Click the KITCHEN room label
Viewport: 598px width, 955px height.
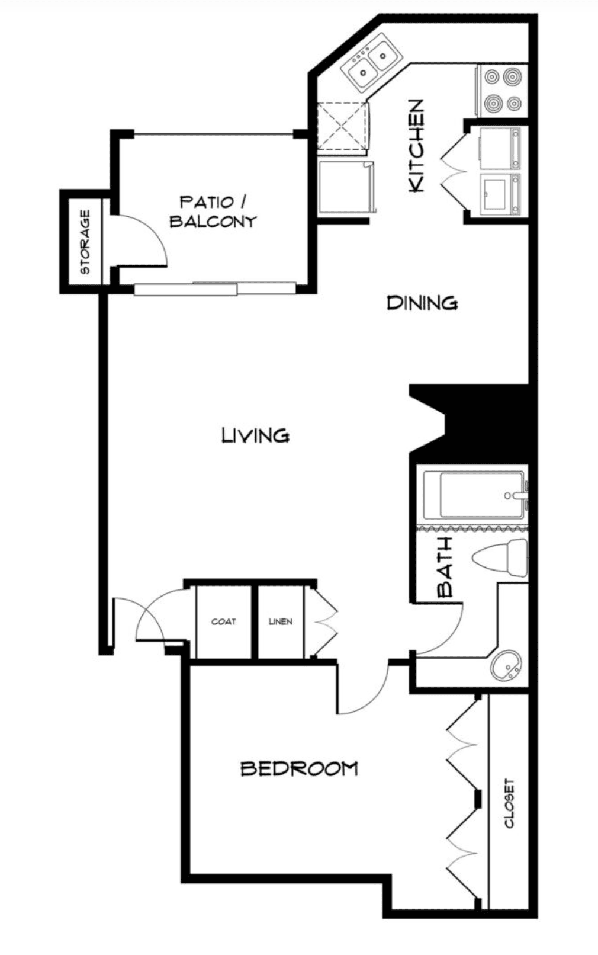point(416,146)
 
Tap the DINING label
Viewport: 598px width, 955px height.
point(422,303)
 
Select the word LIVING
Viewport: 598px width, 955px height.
point(256,435)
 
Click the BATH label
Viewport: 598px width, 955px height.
point(445,567)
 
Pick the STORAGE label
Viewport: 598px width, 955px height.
point(85,242)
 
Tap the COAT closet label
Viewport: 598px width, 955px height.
point(224,621)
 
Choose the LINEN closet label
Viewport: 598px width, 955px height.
point(281,621)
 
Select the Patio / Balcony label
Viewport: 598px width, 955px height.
point(213,212)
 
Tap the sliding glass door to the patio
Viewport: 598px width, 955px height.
point(215,289)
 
